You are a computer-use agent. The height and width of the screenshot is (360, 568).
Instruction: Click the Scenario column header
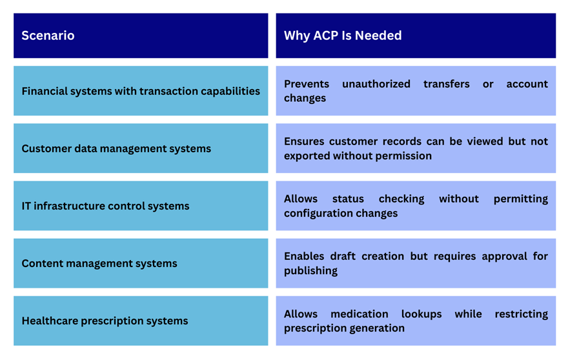pyautogui.click(x=141, y=35)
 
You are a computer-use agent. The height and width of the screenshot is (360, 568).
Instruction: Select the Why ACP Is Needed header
pyautogui.click(x=416, y=35)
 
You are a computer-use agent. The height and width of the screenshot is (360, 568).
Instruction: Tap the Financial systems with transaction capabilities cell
pyautogui.click(x=141, y=91)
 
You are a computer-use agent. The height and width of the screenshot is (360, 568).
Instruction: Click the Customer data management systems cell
pyautogui.click(x=141, y=148)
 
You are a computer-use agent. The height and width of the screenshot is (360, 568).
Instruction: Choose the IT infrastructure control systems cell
pyautogui.click(x=141, y=206)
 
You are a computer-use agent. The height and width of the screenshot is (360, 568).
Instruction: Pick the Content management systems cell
pyautogui.click(x=141, y=263)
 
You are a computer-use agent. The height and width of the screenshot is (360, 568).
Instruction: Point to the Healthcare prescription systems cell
pyautogui.click(x=141, y=321)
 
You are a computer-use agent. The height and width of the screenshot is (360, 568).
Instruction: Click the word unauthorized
pyautogui.click(x=376, y=84)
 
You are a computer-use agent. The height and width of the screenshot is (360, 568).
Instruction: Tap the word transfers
pyautogui.click(x=446, y=84)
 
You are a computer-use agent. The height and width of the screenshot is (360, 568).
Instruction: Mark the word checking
pyautogui.click(x=401, y=199)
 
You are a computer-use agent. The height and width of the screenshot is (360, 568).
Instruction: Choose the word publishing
pyautogui.click(x=311, y=271)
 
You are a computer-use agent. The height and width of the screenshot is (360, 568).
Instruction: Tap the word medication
pyautogui.click(x=360, y=314)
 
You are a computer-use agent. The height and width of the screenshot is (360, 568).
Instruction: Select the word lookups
pyautogui.click(x=421, y=314)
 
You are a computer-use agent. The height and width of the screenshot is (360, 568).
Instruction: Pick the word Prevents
pyautogui.click(x=307, y=84)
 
